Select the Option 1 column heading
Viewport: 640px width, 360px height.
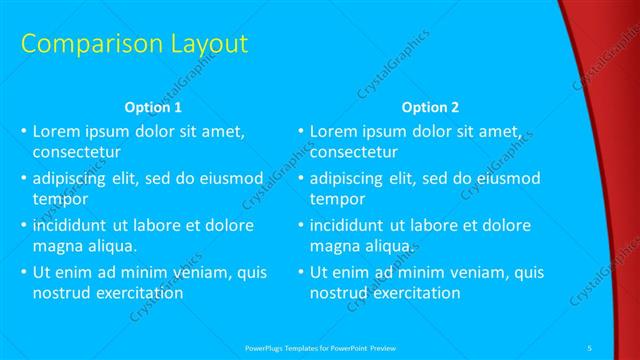click(152, 107)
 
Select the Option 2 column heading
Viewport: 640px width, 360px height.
click(431, 107)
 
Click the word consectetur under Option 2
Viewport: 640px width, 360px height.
click(354, 153)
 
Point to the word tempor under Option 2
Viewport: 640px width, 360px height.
click(335, 200)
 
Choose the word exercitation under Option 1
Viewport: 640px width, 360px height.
click(139, 293)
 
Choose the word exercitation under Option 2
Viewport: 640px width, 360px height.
click(416, 293)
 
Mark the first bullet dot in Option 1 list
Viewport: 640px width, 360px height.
click(25, 132)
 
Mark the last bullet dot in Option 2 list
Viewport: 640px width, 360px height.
click(302, 272)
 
